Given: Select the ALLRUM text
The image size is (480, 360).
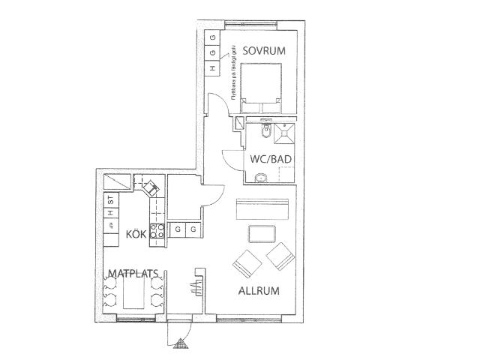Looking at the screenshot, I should click(x=259, y=290).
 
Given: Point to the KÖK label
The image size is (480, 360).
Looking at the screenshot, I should click(x=135, y=235).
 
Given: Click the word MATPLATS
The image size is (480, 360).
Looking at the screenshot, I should click(x=132, y=273).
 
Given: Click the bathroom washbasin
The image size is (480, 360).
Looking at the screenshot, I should click(x=261, y=178).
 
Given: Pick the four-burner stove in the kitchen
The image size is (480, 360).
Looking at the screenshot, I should click(x=157, y=232).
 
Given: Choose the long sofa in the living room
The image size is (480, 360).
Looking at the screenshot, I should click(x=262, y=208).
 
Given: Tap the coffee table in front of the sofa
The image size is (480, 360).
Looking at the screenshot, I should click(x=262, y=233).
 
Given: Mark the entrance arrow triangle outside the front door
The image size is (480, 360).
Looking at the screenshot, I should click(x=180, y=343).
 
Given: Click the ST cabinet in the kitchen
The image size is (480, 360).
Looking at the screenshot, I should click(x=110, y=200).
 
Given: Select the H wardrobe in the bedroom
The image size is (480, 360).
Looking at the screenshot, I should click(x=212, y=68).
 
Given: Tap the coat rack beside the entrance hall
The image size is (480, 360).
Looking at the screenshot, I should click(x=198, y=284).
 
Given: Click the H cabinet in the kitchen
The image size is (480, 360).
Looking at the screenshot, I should click(x=110, y=214).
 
